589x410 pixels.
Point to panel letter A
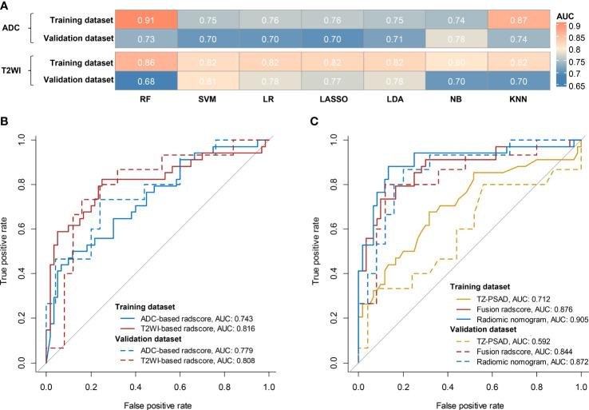[x=6, y=7]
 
